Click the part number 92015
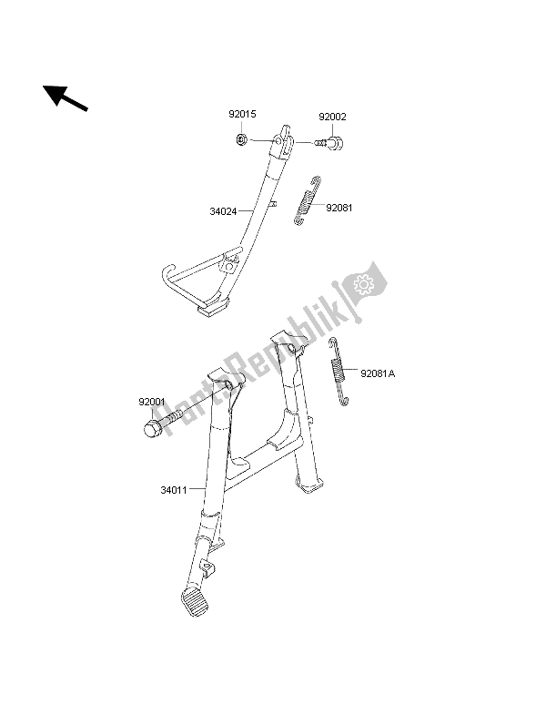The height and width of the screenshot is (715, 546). click(x=242, y=114)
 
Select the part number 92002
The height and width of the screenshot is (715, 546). click(x=332, y=117)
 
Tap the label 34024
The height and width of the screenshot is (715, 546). click(x=223, y=211)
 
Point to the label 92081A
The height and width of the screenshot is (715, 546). click(x=378, y=374)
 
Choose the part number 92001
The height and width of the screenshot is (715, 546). click(x=152, y=403)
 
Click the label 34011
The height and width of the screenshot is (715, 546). click(x=174, y=491)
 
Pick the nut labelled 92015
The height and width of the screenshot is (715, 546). click(x=242, y=138)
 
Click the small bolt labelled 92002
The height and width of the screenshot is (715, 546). click(x=330, y=143)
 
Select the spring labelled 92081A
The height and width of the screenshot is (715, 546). click(x=339, y=372)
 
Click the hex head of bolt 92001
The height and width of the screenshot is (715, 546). click(x=151, y=428)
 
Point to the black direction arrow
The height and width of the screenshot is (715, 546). click(x=66, y=98)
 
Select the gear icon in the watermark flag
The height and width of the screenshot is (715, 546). click(x=363, y=284)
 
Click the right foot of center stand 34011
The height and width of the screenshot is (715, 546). click(x=309, y=485)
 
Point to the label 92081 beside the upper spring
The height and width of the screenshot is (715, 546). click(x=339, y=208)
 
